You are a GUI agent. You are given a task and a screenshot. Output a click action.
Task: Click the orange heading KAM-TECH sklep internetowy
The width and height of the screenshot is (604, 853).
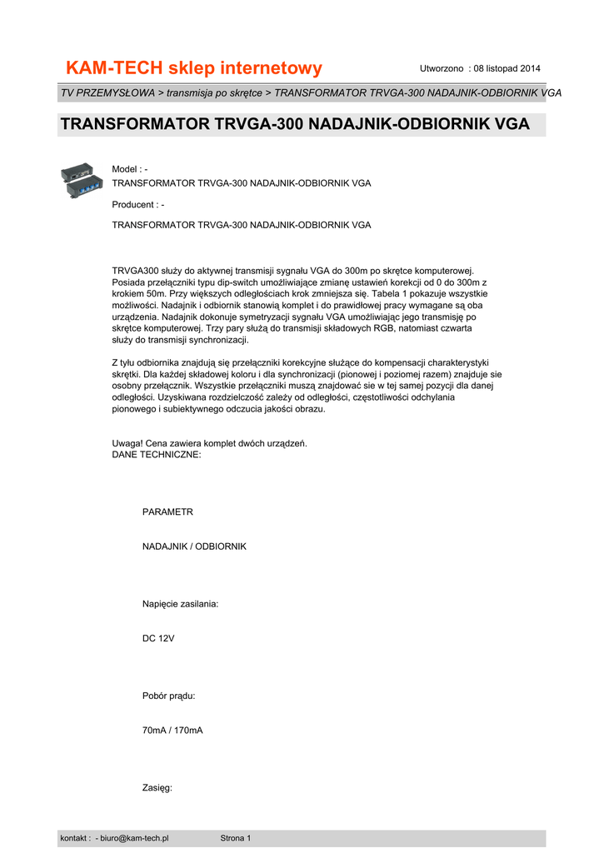193,67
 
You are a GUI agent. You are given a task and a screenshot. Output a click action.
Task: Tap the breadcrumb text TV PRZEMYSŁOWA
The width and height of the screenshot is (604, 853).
107,92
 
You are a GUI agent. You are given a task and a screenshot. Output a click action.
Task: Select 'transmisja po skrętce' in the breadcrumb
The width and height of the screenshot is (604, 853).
214,92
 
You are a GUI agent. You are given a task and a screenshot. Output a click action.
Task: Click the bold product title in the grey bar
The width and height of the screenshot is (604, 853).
295,125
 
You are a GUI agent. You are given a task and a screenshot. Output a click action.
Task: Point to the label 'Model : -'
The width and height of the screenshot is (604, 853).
130,169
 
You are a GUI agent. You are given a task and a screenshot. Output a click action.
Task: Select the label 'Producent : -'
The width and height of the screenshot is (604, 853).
138,204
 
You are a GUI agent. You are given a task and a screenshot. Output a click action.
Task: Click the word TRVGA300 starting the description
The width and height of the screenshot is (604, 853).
134,271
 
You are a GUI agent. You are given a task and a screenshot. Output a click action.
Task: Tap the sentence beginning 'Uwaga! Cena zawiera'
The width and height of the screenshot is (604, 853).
210,443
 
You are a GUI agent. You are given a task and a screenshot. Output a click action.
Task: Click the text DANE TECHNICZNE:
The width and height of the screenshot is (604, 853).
156,455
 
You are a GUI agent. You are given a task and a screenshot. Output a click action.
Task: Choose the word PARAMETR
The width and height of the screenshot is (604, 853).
167,512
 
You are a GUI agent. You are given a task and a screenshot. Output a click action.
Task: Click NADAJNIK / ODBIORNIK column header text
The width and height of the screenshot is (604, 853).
194,546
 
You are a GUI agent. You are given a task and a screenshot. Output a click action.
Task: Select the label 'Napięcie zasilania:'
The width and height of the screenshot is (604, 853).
181,603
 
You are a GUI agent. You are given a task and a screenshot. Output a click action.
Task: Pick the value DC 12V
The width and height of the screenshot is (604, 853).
158,638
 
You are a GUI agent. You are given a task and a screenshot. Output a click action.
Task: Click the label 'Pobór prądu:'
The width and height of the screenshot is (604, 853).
169,696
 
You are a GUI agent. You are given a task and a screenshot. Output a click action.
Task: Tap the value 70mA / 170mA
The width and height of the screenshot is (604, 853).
172,730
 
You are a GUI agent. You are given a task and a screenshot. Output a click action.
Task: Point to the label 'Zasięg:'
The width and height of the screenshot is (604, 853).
157,787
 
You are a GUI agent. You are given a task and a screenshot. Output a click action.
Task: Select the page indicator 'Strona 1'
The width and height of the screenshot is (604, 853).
235,838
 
